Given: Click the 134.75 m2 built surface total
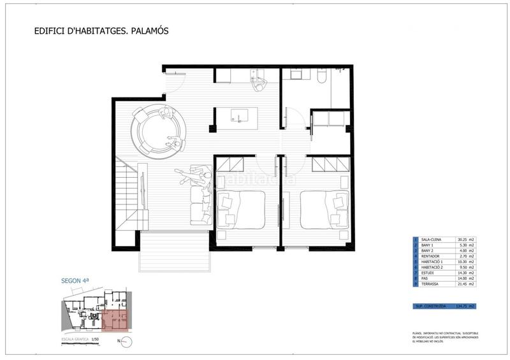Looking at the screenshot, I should click(466, 306).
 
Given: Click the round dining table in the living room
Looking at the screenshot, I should click(158, 131).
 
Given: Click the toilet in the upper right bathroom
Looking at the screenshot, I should click(321, 78).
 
